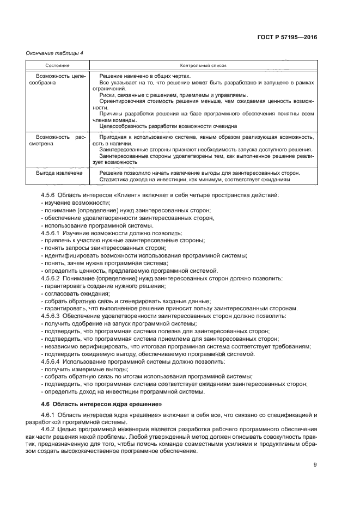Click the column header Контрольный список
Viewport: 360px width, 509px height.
pyautogui.click(x=203, y=65)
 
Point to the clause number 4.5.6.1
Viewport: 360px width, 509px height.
pyautogui.click(x=53, y=233)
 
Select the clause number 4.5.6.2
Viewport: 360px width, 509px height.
pyautogui.click(x=53, y=278)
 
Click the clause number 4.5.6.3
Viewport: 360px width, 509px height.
pyautogui.click(x=53, y=316)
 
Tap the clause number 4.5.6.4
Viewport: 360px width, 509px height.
pyautogui.click(x=53, y=361)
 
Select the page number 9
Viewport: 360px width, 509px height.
pyautogui.click(x=315, y=464)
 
